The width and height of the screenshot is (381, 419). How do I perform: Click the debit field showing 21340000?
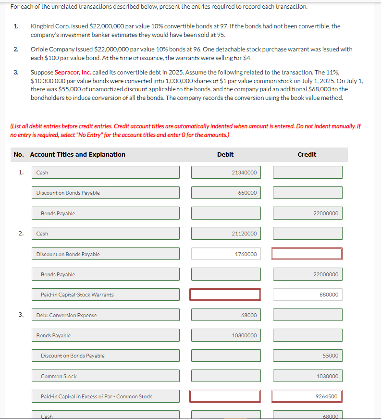tap(226, 173)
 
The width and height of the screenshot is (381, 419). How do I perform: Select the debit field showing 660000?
tap(226, 193)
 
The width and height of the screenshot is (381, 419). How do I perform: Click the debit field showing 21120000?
tap(226, 234)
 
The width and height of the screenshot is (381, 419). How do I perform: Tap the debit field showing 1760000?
tap(226, 254)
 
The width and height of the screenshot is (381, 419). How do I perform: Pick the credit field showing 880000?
tap(307, 295)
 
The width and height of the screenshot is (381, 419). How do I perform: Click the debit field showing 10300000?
tap(226, 335)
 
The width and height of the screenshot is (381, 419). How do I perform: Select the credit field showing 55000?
tap(307, 356)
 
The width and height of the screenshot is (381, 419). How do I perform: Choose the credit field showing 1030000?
tap(307, 376)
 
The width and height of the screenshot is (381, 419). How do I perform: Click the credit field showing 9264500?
tap(307, 396)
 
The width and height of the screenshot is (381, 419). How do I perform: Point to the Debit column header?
tap(225, 154)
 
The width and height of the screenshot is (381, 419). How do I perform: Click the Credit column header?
tap(307, 154)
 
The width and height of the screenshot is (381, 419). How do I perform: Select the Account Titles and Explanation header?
tap(77, 154)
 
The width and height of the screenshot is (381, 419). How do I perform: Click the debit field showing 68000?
tap(226, 315)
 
